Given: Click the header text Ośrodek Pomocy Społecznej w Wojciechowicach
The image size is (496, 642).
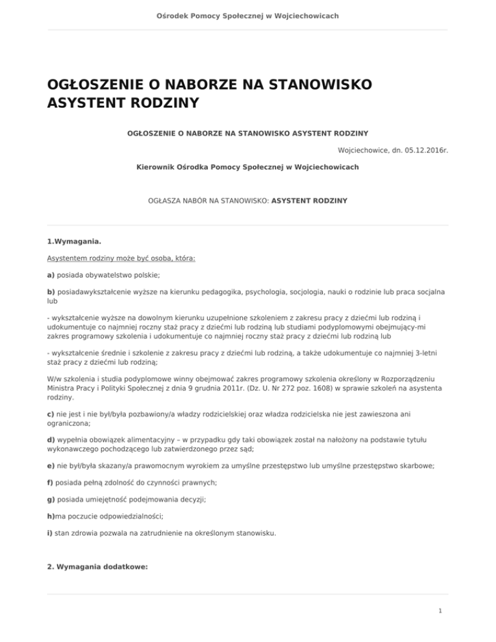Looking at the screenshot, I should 247,16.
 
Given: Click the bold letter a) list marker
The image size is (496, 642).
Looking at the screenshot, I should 51,274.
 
